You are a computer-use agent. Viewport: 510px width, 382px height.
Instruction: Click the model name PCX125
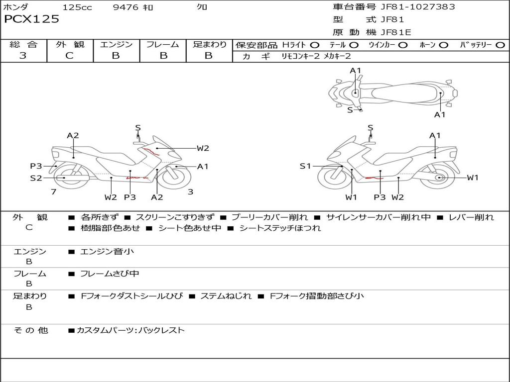31,19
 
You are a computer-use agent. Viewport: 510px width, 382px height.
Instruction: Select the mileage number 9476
127,7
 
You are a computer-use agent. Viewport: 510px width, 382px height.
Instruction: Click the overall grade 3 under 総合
23,56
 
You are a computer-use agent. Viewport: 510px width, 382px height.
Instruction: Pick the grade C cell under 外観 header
70,56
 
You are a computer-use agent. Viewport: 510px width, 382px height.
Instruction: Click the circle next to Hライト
315,45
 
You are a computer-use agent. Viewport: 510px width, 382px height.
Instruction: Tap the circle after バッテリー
500,45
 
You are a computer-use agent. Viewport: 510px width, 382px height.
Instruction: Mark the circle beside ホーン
444,45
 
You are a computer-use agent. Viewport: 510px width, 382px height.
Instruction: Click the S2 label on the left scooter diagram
36,178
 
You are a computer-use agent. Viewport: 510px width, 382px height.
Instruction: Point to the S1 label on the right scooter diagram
305,166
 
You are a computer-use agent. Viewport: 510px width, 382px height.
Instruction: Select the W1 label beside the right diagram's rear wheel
472,178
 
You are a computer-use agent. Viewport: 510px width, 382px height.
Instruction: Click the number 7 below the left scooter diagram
53,191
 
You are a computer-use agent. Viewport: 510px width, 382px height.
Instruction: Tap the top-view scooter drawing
392,92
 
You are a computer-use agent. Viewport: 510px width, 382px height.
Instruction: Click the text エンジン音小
107,252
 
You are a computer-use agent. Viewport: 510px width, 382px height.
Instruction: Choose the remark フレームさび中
110,274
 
